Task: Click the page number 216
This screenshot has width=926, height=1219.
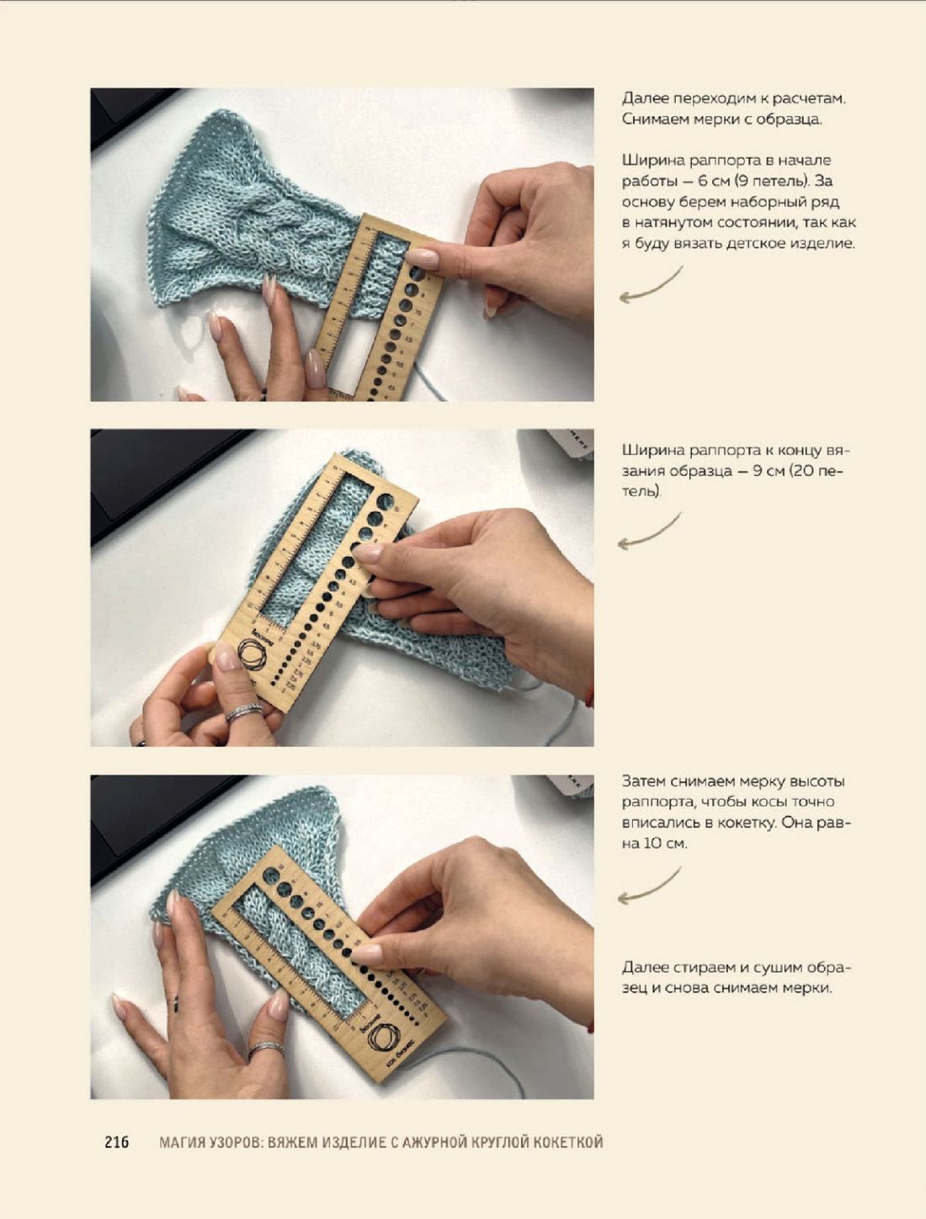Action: click(x=117, y=1142)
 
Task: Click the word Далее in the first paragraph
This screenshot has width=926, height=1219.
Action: click(x=643, y=99)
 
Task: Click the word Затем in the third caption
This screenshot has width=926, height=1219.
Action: click(x=644, y=782)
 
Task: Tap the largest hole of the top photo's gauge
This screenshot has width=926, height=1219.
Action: click(x=417, y=273)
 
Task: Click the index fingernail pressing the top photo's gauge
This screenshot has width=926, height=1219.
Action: click(x=422, y=257)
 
